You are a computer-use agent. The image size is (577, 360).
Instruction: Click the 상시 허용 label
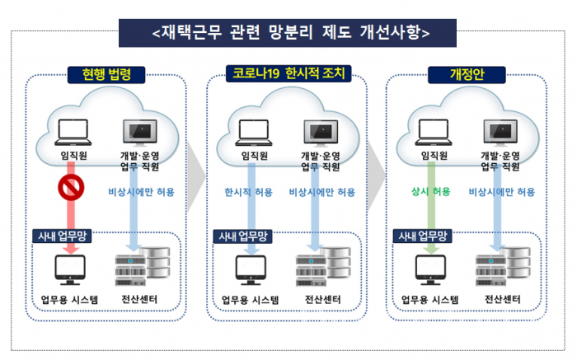pyautogui.click(x=431, y=192)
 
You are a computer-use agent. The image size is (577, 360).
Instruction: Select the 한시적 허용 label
pyautogui.click(x=248, y=192)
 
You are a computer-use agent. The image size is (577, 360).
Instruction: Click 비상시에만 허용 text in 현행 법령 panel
pyautogui.click(x=141, y=192)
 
